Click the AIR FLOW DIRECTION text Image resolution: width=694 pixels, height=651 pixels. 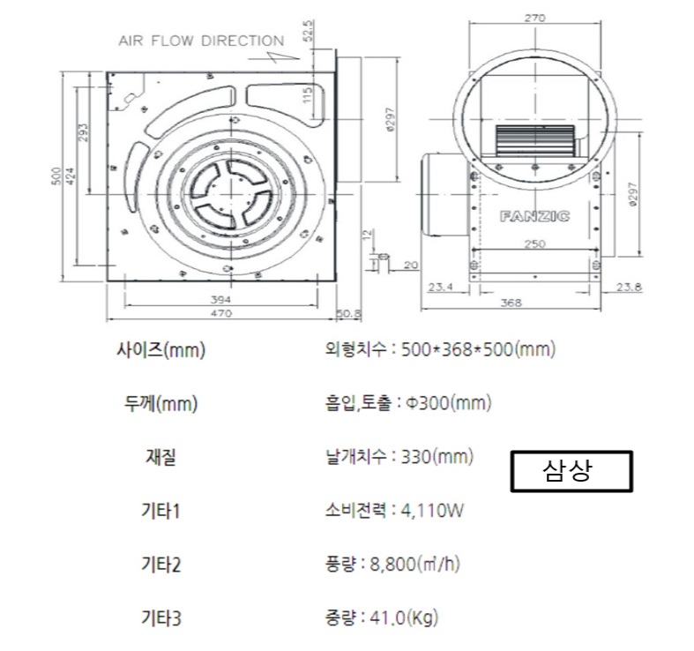[201, 41]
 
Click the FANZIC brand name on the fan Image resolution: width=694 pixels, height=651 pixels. [534, 215]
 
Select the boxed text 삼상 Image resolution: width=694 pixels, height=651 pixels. [572, 471]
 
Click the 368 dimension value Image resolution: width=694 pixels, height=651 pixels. [511, 303]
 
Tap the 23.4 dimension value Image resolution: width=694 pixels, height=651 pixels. [439, 287]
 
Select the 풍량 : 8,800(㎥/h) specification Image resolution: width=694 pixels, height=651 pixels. [392, 565]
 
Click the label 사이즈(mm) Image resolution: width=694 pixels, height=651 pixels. [160, 350]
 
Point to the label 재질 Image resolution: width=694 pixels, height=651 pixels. [160, 458]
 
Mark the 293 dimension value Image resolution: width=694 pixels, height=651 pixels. [83, 132]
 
